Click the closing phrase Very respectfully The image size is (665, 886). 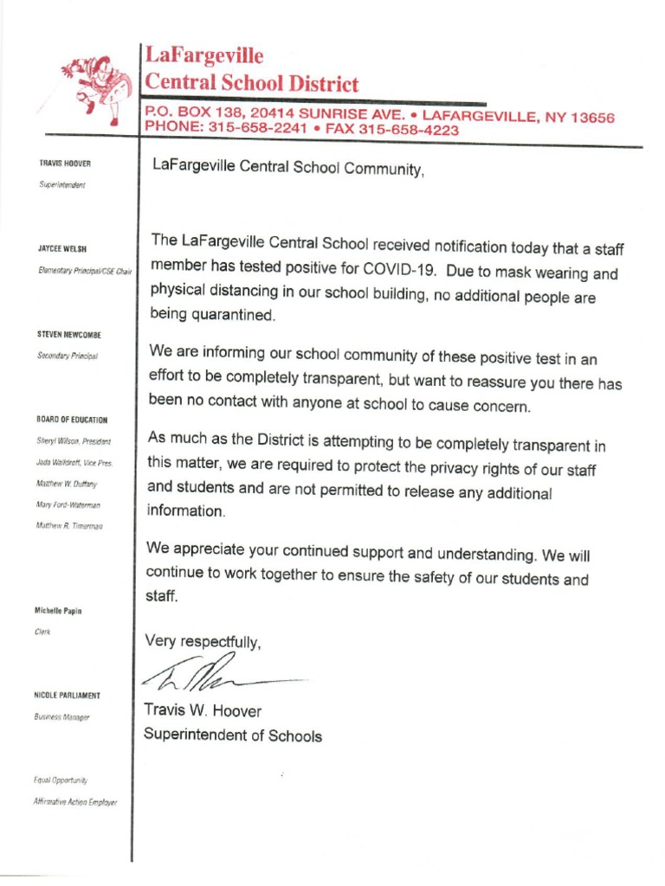click(204, 641)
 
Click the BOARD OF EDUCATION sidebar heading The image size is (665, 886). click(73, 420)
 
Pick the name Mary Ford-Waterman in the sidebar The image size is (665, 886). click(69, 504)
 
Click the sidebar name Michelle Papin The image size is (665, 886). click(59, 611)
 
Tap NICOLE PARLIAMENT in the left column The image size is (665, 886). click(68, 696)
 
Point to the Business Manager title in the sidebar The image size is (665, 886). click(63, 717)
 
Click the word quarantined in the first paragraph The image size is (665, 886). click(236, 316)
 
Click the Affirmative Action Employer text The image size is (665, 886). click(76, 802)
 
